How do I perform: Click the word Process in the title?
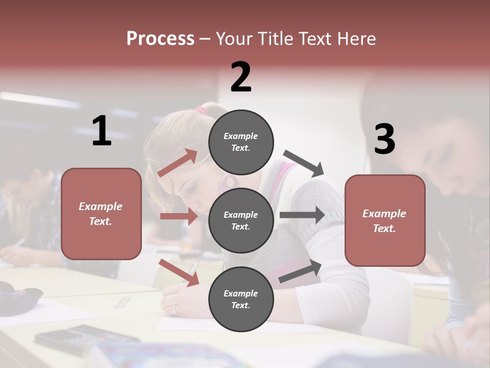click(x=160, y=39)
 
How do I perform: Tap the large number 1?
click(x=102, y=131)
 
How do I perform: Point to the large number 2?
click(x=241, y=77)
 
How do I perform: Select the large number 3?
click(x=384, y=140)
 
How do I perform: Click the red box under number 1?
click(x=101, y=214)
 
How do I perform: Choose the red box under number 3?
click(x=385, y=220)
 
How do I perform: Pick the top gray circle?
click(x=241, y=142)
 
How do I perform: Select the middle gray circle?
click(x=241, y=220)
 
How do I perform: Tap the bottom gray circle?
click(x=241, y=299)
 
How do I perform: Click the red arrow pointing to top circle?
click(x=178, y=163)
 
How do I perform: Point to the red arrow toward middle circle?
click(x=179, y=216)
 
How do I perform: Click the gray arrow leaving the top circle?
click(x=304, y=163)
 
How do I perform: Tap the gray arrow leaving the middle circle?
click(x=302, y=215)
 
